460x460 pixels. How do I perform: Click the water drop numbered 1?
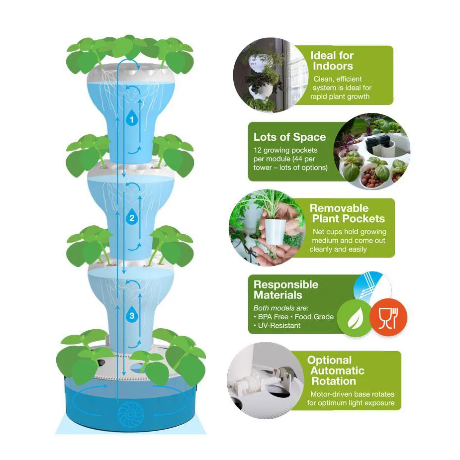point(132,119)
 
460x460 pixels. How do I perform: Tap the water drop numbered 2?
point(132,217)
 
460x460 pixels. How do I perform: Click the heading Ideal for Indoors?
point(332,60)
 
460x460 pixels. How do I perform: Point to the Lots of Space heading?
point(289,137)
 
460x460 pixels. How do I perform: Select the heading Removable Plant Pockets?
point(348,213)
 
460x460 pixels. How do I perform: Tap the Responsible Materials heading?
point(285,290)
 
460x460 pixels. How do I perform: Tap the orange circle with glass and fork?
point(388,318)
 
